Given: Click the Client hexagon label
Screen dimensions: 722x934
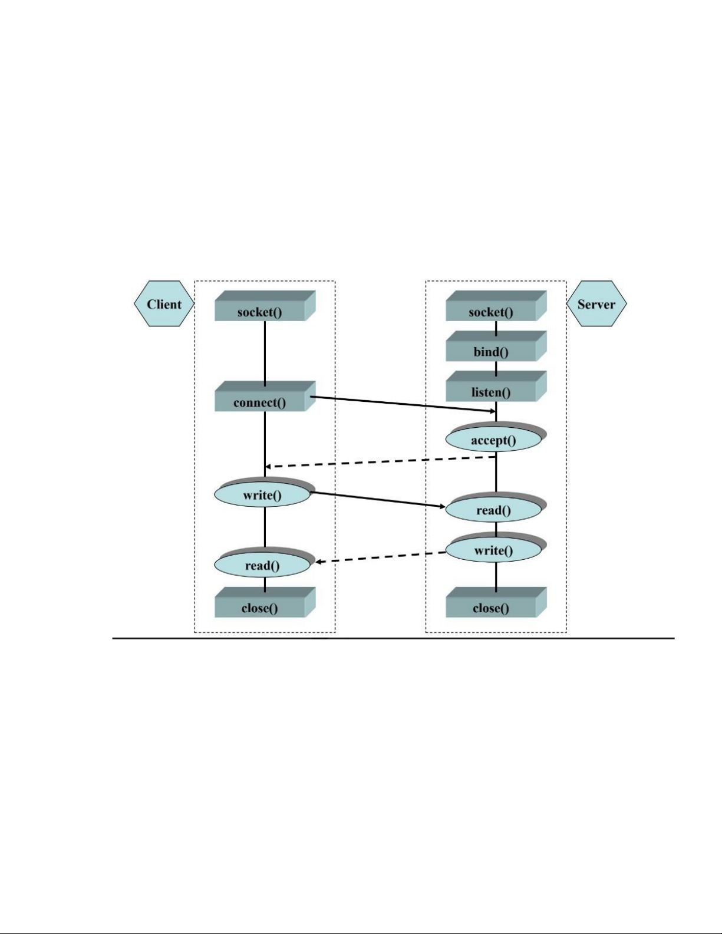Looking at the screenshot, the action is [x=164, y=303].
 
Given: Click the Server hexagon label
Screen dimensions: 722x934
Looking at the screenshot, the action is [x=596, y=303].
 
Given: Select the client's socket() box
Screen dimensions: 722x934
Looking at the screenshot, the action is [x=265, y=306].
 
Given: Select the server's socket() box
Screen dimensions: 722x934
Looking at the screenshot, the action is [x=496, y=306].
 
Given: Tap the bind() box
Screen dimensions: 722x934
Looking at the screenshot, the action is [x=496, y=346].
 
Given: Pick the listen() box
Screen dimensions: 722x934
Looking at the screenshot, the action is [x=496, y=387].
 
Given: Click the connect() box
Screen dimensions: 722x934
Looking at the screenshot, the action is [x=265, y=397].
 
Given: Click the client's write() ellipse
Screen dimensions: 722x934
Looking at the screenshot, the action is [x=264, y=493].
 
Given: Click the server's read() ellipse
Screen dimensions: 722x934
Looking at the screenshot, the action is [x=495, y=507].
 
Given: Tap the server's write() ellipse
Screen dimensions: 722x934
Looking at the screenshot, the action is [x=495, y=547].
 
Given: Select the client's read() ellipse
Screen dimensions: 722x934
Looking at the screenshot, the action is [x=264, y=563].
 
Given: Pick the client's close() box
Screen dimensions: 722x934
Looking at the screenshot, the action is [x=265, y=603].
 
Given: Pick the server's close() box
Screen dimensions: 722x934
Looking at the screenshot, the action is [x=496, y=603].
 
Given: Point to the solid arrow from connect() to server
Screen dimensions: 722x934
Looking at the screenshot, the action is [x=403, y=404].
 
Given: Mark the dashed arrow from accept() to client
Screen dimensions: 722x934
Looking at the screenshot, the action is [x=381, y=461].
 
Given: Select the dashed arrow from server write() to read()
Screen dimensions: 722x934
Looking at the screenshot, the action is [x=381, y=557].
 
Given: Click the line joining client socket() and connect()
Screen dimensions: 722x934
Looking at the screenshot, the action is [x=265, y=354].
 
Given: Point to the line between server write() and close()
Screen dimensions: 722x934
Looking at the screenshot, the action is [x=496, y=577].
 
